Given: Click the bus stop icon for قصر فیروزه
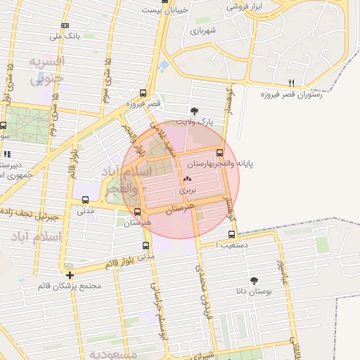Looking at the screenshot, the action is [143, 93].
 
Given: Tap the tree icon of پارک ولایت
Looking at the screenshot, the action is [195, 110].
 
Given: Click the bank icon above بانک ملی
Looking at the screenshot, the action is [65, 25].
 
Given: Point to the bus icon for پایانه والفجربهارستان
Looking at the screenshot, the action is [219, 153].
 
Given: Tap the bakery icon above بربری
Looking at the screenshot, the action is [187, 179].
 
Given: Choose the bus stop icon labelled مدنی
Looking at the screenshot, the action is [85, 199].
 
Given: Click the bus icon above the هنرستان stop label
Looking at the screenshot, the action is [138, 212].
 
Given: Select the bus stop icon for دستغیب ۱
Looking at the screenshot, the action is [232, 234].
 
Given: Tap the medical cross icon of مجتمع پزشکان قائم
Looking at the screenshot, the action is [70, 275].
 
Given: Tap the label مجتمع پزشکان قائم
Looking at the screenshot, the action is [71, 286].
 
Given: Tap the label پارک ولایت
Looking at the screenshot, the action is [194, 122].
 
